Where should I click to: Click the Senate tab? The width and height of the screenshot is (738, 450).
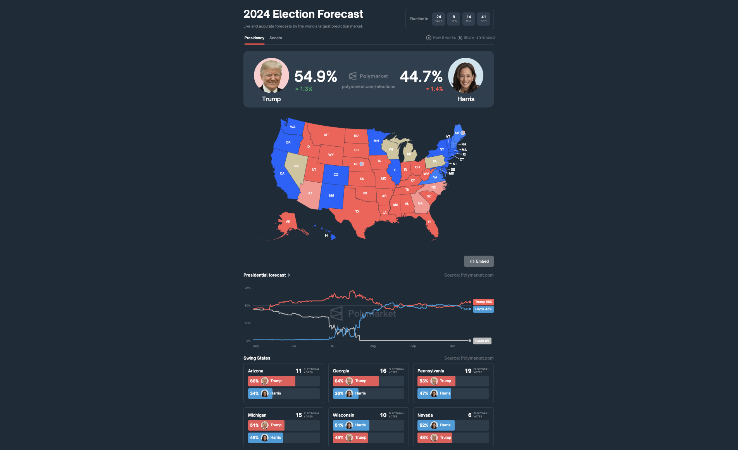coord(276,38)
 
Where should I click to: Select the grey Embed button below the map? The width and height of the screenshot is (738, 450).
coord(479,261)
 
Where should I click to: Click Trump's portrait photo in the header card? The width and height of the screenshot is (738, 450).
coord(271,76)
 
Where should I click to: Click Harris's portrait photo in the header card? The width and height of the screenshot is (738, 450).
coord(466,76)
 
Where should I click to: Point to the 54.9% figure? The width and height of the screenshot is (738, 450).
coord(316,76)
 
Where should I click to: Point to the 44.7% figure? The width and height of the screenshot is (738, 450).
coord(421,76)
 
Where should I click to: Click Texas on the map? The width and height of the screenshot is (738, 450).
coord(357,211)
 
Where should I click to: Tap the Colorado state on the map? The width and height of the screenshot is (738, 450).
coord(336,175)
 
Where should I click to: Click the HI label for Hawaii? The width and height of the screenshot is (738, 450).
coord(327,235)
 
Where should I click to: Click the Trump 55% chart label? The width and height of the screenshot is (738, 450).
coord(483,302)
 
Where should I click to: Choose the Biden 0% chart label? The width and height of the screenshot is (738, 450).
coord(482,341)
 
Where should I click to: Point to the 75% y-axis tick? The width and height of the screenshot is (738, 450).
coord(247,288)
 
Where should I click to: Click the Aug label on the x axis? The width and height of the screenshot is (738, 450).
coord(373,346)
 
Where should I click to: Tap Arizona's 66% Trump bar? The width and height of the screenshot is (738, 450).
coord(271,381)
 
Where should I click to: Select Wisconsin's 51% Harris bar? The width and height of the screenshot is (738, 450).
coord(351,425)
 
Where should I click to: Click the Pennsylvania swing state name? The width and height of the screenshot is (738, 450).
coord(431,371)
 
